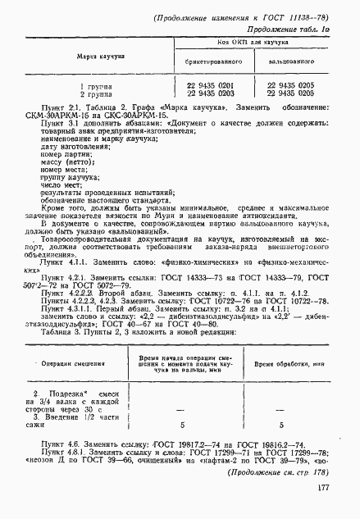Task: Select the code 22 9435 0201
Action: (x=212, y=85)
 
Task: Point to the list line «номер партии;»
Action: (x=52, y=154)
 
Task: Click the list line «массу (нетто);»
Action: (x=54, y=162)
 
